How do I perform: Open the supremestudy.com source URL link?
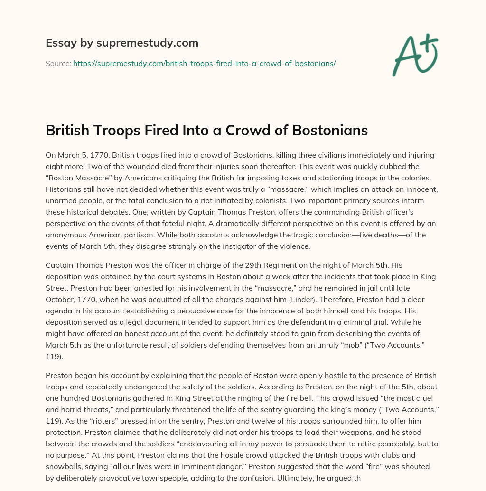[x=204, y=63]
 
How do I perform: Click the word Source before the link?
[x=58, y=63]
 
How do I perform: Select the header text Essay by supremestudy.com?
[x=122, y=43]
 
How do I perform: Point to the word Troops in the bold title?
[x=115, y=131]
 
